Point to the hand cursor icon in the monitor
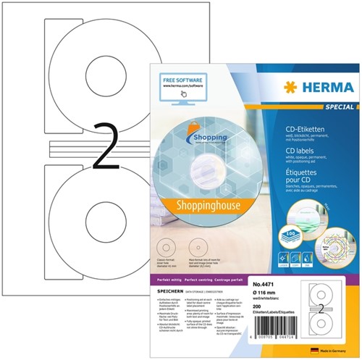pos(183,93)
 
